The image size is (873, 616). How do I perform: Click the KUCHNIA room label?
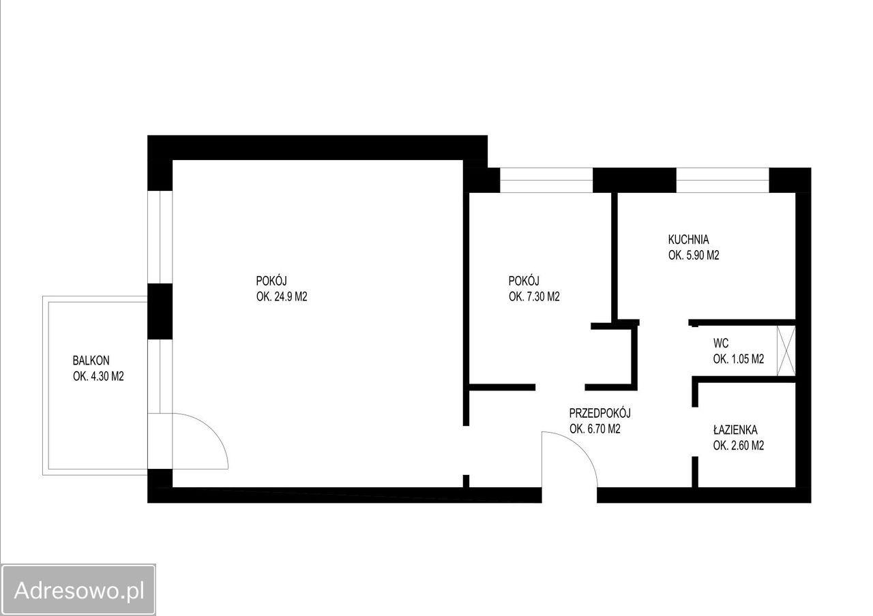pyautogui.click(x=688, y=239)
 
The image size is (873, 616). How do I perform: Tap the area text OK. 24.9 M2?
pyautogui.click(x=282, y=296)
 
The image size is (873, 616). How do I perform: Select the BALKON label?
pyautogui.click(x=91, y=360)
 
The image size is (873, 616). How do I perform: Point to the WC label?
pyautogui.click(x=721, y=343)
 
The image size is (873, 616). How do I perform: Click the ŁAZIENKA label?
pyautogui.click(x=735, y=430)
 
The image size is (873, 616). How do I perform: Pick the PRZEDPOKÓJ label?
pyautogui.click(x=600, y=413)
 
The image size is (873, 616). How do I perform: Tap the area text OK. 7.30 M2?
pyautogui.click(x=534, y=296)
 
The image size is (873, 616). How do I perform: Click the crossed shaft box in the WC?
pyautogui.click(x=786, y=351)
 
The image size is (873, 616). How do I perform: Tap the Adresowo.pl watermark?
pyautogui.click(x=78, y=590)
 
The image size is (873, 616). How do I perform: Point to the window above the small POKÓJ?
pyautogui.click(x=546, y=180)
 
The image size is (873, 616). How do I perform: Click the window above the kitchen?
pyautogui.click(x=722, y=180)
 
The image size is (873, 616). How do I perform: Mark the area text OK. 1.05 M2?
pyautogui.click(x=738, y=358)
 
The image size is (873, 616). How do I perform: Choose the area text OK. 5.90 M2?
pyautogui.click(x=694, y=255)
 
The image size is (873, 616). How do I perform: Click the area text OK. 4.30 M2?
pyautogui.click(x=98, y=376)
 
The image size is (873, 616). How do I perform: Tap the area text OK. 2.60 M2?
pyautogui.click(x=738, y=445)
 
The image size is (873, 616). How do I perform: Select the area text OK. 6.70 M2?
pyautogui.click(x=595, y=429)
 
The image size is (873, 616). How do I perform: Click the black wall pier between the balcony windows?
pyautogui.click(x=160, y=311)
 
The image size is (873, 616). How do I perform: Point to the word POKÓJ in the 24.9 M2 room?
pyautogui.click(x=271, y=281)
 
